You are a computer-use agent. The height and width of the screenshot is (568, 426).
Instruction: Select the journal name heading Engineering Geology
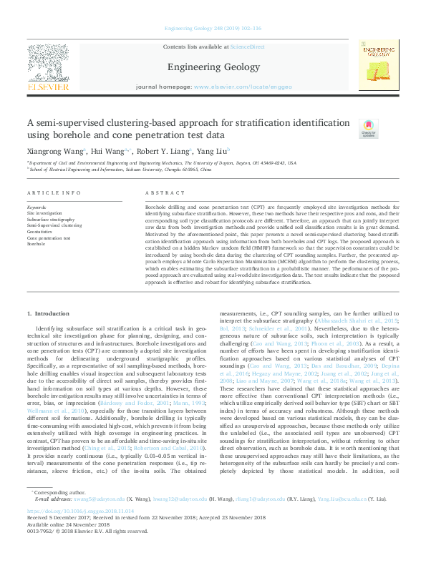coord(212,67)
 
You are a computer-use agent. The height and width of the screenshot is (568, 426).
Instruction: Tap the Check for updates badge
coord(367,128)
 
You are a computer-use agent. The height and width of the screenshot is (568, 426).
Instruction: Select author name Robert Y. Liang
coord(164,152)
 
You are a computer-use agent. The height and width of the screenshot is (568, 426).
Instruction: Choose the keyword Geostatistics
coord(42,231)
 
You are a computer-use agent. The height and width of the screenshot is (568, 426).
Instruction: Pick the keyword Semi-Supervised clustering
coord(54,225)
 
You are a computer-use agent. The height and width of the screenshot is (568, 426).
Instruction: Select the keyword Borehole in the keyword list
coord(36,243)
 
